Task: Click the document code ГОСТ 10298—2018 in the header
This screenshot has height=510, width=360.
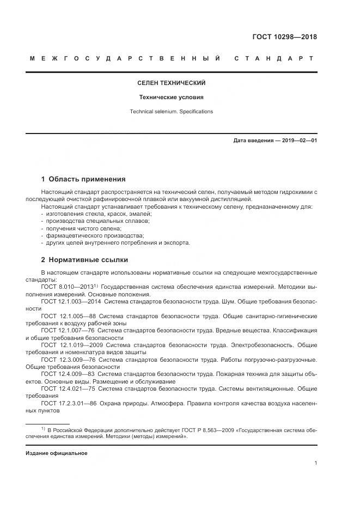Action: [284, 37]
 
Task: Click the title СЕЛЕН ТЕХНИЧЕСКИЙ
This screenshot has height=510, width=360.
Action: [171, 83]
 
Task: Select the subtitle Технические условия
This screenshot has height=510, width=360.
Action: [171, 98]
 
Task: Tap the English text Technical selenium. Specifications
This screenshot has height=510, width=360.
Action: [171, 112]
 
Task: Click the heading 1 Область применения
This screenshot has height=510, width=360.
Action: [83, 179]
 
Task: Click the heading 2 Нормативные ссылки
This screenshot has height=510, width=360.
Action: [85, 259]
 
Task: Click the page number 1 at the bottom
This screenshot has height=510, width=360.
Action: [315, 463]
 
